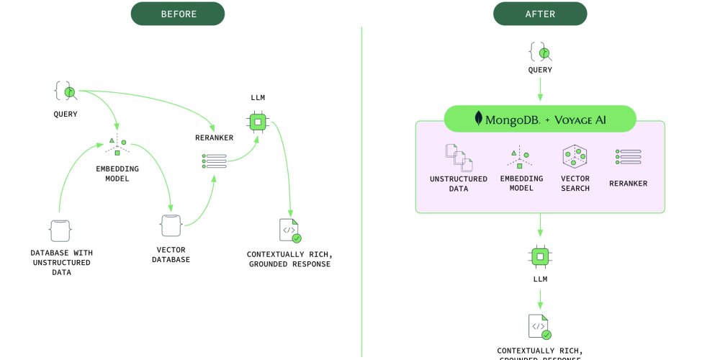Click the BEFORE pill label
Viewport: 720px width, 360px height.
(177, 14)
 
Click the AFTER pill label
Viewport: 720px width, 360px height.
(540, 14)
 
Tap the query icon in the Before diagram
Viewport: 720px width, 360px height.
(65, 91)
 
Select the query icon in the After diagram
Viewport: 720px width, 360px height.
(540, 51)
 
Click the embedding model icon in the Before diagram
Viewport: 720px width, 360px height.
(117, 147)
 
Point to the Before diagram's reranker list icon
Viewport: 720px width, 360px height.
(214, 161)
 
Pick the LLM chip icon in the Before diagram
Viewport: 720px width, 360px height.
(257, 122)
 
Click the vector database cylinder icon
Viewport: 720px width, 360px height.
(171, 226)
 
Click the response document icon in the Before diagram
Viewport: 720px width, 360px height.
(289, 230)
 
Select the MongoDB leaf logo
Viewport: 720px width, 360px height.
(478, 119)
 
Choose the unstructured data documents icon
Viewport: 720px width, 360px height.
(459, 158)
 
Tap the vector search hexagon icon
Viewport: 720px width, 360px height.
(575, 157)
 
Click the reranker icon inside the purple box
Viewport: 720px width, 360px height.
(628, 157)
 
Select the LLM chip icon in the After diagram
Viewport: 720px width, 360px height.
(540, 256)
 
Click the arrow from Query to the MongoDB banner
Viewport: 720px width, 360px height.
(540, 90)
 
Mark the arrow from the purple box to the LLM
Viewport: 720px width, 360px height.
(540, 227)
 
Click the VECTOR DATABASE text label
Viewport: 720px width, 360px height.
(171, 254)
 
